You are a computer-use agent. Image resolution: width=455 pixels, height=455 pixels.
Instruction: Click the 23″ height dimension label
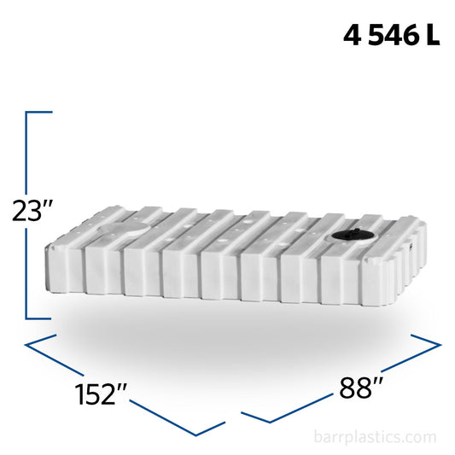[x=33, y=210]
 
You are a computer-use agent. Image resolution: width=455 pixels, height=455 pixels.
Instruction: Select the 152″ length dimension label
[x=101, y=394]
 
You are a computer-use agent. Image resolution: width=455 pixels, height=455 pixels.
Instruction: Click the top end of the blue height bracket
[x=51, y=112]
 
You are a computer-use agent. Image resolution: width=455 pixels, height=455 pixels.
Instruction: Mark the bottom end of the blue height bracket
[x=51, y=318]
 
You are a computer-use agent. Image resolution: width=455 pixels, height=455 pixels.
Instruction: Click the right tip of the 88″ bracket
[x=440, y=346]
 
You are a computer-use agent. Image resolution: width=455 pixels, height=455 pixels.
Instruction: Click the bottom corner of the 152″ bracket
[x=224, y=423]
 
